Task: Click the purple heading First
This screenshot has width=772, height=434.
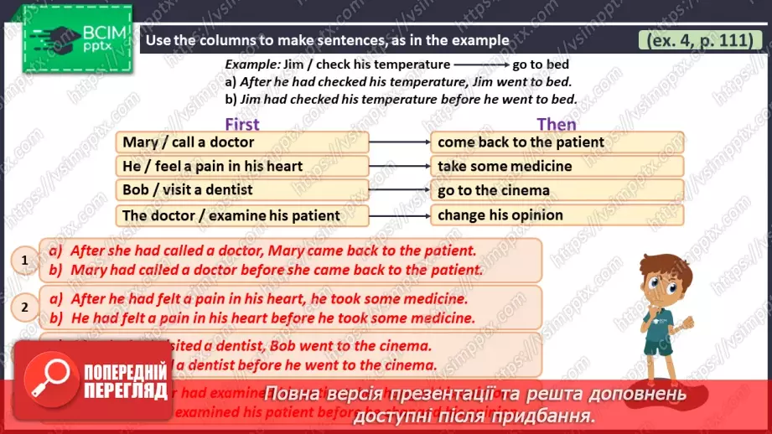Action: [x=242, y=124]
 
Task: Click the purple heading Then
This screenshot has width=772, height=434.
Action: [x=557, y=124]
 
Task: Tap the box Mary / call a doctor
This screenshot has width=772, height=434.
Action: [x=243, y=142]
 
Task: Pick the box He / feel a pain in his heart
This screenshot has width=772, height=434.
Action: [x=243, y=167]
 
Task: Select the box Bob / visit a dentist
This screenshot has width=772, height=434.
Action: [x=243, y=190]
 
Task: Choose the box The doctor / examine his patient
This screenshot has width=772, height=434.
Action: [x=243, y=215]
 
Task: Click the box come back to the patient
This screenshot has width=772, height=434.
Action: [x=557, y=142]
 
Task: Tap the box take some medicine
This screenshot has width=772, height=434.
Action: [x=557, y=167]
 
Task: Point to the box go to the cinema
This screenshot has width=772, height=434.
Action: [x=557, y=190]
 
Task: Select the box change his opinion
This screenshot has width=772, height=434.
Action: [x=557, y=215]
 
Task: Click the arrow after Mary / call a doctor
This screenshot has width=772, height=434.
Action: [x=400, y=142]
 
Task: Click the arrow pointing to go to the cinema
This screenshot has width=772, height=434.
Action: [x=400, y=190]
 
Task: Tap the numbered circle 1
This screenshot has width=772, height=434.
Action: [x=24, y=261]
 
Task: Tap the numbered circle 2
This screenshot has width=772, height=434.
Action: [x=24, y=307]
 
